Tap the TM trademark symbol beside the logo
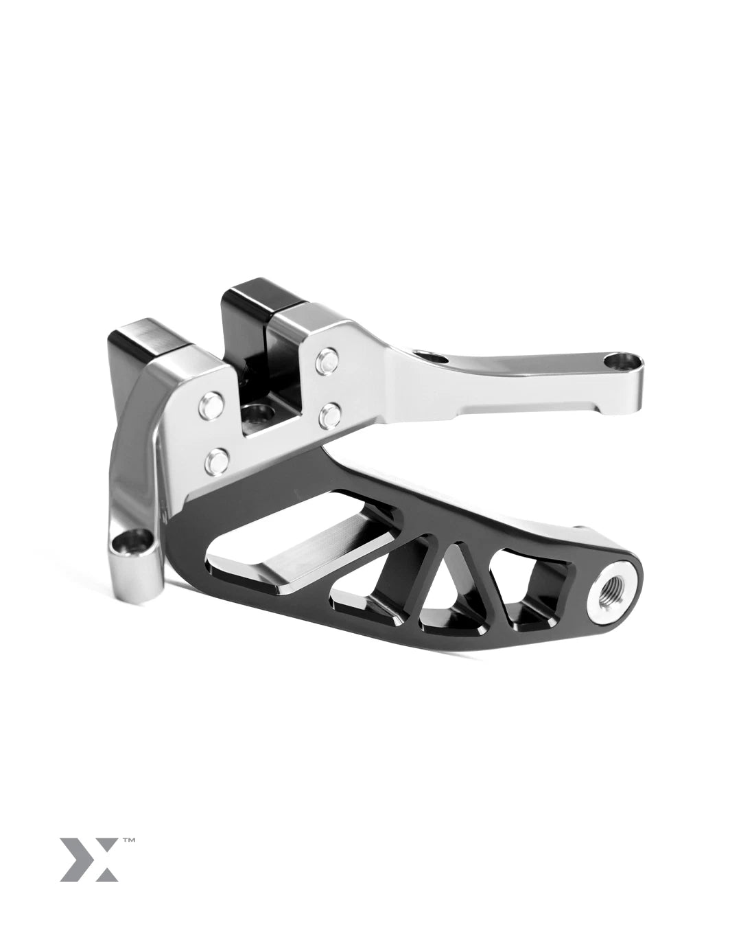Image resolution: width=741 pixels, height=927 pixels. [128, 840]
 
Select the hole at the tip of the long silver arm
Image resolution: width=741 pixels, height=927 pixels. [622, 358]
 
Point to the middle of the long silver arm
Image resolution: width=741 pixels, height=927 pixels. [521, 374]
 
